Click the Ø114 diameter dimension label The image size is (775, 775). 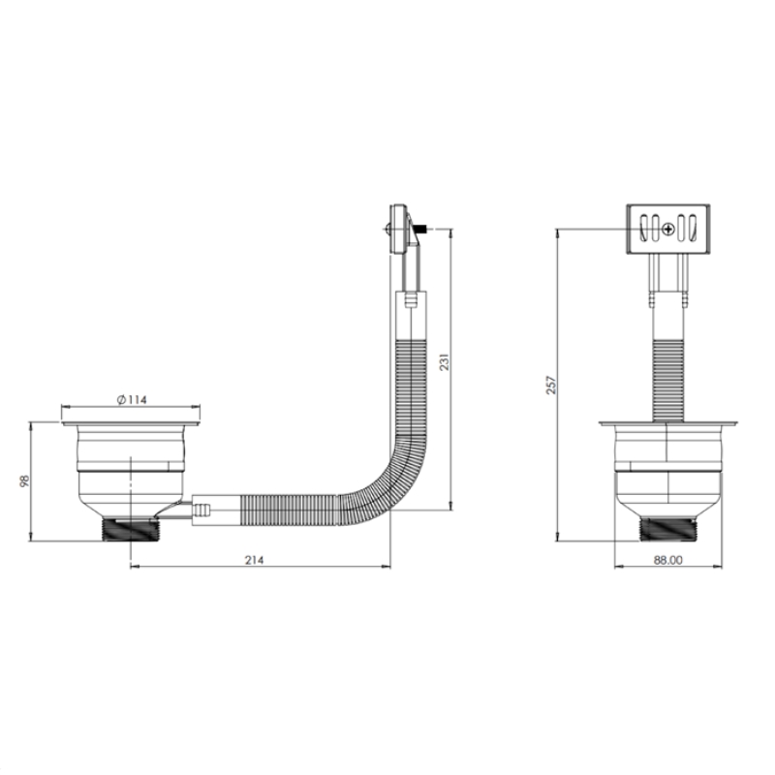[x=132, y=399]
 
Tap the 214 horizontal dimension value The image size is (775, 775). [x=255, y=560]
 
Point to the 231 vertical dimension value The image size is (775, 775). [x=445, y=362]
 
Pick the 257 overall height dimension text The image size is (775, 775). [x=551, y=385]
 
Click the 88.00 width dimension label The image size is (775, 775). [x=668, y=560]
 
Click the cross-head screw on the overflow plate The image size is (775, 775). [x=668, y=229]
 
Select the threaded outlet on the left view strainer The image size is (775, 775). [x=130, y=529]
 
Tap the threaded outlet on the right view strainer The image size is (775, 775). [x=667, y=529]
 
